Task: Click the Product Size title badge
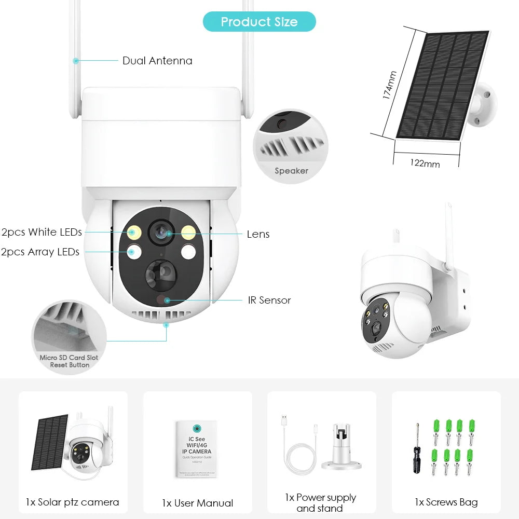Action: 259,22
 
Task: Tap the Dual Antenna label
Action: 157,61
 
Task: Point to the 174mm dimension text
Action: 389,86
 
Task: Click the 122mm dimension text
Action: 425,163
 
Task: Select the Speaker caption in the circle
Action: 291,171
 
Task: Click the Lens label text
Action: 258,234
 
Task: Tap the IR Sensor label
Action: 269,300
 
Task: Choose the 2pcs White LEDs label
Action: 42,232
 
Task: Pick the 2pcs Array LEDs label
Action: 40,252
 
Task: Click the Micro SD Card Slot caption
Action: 69,358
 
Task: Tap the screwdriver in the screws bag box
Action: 416,448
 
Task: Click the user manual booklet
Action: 196,449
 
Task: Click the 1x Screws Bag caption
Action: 446,502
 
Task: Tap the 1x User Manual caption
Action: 197,503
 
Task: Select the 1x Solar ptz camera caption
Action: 73,502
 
